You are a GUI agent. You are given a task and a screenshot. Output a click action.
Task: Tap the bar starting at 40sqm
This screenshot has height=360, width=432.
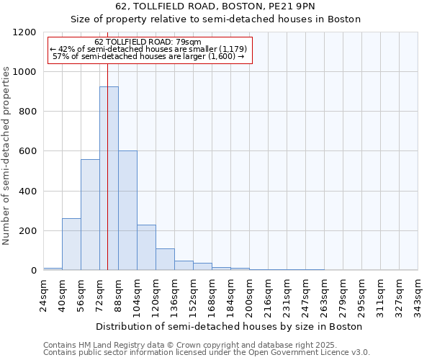coord(71,244)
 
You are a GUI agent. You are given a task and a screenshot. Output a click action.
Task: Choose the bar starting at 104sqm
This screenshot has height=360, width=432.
coord(146,248)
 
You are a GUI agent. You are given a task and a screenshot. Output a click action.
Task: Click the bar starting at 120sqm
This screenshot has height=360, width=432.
coord(165,259)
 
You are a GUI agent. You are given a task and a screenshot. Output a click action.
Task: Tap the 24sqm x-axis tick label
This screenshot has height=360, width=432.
coord(44,295)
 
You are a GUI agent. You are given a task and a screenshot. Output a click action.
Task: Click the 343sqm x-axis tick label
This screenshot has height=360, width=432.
coord(418,295)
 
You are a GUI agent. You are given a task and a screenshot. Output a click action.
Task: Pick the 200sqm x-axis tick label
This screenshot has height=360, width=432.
coord(250,295)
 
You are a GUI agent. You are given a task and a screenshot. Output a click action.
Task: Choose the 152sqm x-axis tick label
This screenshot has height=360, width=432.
coord(194,295)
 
